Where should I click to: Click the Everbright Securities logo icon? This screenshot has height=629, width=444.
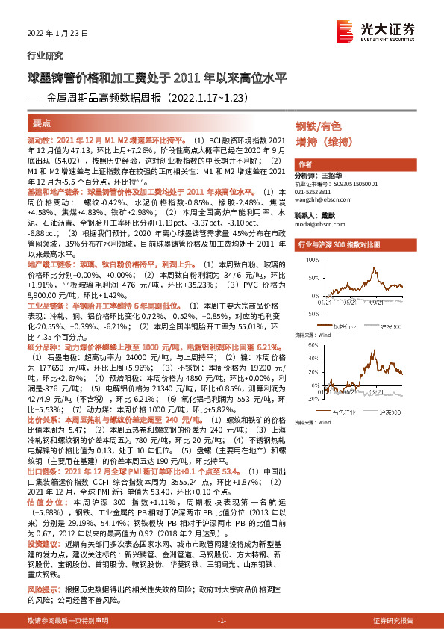[x=345, y=29]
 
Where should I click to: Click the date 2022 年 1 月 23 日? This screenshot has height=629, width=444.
[x=58, y=33]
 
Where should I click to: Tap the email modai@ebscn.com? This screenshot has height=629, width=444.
[x=317, y=223]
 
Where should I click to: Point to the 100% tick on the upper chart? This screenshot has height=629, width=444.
[x=305, y=260]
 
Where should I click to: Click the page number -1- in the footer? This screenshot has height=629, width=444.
[x=221, y=621]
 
